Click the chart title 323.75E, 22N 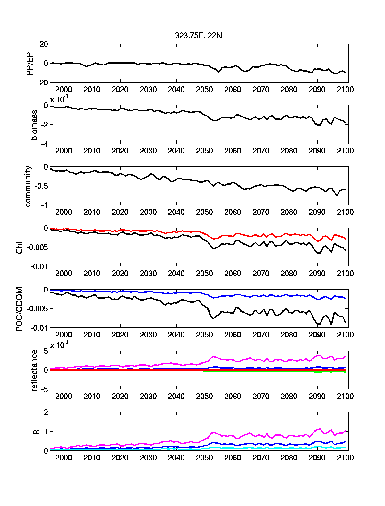[198, 36]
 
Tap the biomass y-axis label [34, 125]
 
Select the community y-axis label [28, 186]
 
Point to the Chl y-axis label [19, 247]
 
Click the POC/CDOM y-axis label [19, 309]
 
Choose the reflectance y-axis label [34, 371]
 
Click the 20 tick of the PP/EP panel [44, 44]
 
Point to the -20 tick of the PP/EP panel [42, 83]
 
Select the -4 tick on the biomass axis [44, 144]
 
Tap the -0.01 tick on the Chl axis [39, 267]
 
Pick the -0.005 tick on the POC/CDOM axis [37, 309]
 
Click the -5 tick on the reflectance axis [44, 389]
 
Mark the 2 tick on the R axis [46, 412]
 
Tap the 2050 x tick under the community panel [204, 212]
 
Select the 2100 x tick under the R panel [345, 458]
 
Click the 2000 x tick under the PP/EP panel [64, 90]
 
